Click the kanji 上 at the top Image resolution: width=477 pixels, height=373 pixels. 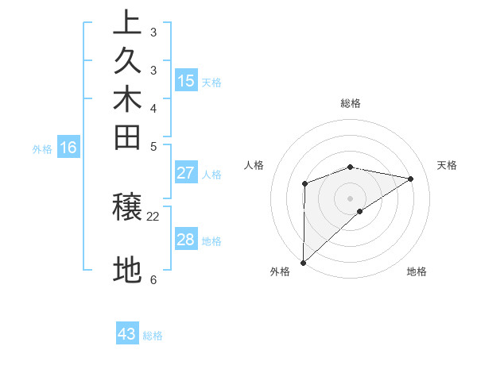127,22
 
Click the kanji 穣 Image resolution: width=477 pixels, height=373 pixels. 127,208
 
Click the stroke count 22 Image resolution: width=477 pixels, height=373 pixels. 153,216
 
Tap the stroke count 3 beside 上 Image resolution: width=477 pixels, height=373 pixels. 153,33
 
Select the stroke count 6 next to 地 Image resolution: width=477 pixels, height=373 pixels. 153,279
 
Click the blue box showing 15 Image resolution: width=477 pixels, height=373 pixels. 186,80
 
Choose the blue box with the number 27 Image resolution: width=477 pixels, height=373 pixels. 186,173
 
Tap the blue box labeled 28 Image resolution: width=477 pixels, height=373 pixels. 186,240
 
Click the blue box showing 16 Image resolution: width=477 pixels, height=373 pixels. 68,147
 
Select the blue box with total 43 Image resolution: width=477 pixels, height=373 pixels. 127,334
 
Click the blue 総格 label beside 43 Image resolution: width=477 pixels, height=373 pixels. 153,336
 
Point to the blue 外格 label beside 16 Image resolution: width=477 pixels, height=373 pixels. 42,148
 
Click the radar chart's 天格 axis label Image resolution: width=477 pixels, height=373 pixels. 448,165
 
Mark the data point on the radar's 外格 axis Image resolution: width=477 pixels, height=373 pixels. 303,262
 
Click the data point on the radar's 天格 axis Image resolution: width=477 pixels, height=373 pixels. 411,179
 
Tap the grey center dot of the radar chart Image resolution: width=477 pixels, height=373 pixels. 351,198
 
